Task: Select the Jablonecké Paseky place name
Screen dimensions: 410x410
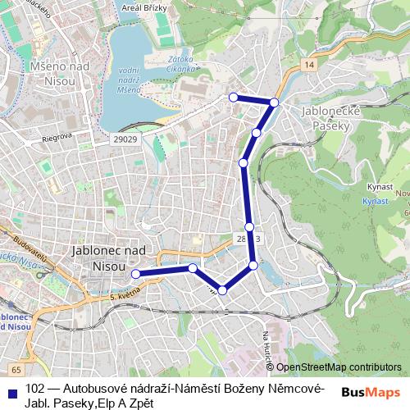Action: pos(326,120)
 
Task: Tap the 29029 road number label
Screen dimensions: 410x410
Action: pos(125,141)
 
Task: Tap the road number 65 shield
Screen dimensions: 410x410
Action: pos(16,371)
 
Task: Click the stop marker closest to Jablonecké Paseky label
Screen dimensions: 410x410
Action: pos(274,102)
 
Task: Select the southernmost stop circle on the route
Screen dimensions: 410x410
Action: pos(222,290)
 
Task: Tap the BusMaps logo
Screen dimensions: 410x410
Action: pos(370,391)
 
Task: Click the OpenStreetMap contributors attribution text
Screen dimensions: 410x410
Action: pos(339,367)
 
